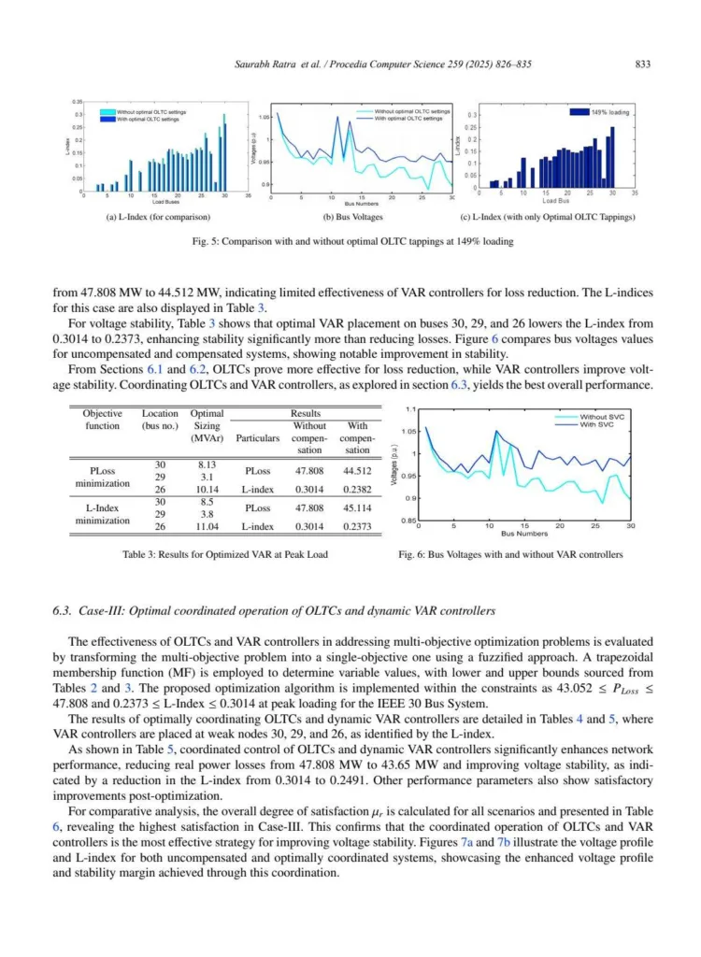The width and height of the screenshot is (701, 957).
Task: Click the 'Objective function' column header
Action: click(102, 419)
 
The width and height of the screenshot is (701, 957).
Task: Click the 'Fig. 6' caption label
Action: click(414, 555)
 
